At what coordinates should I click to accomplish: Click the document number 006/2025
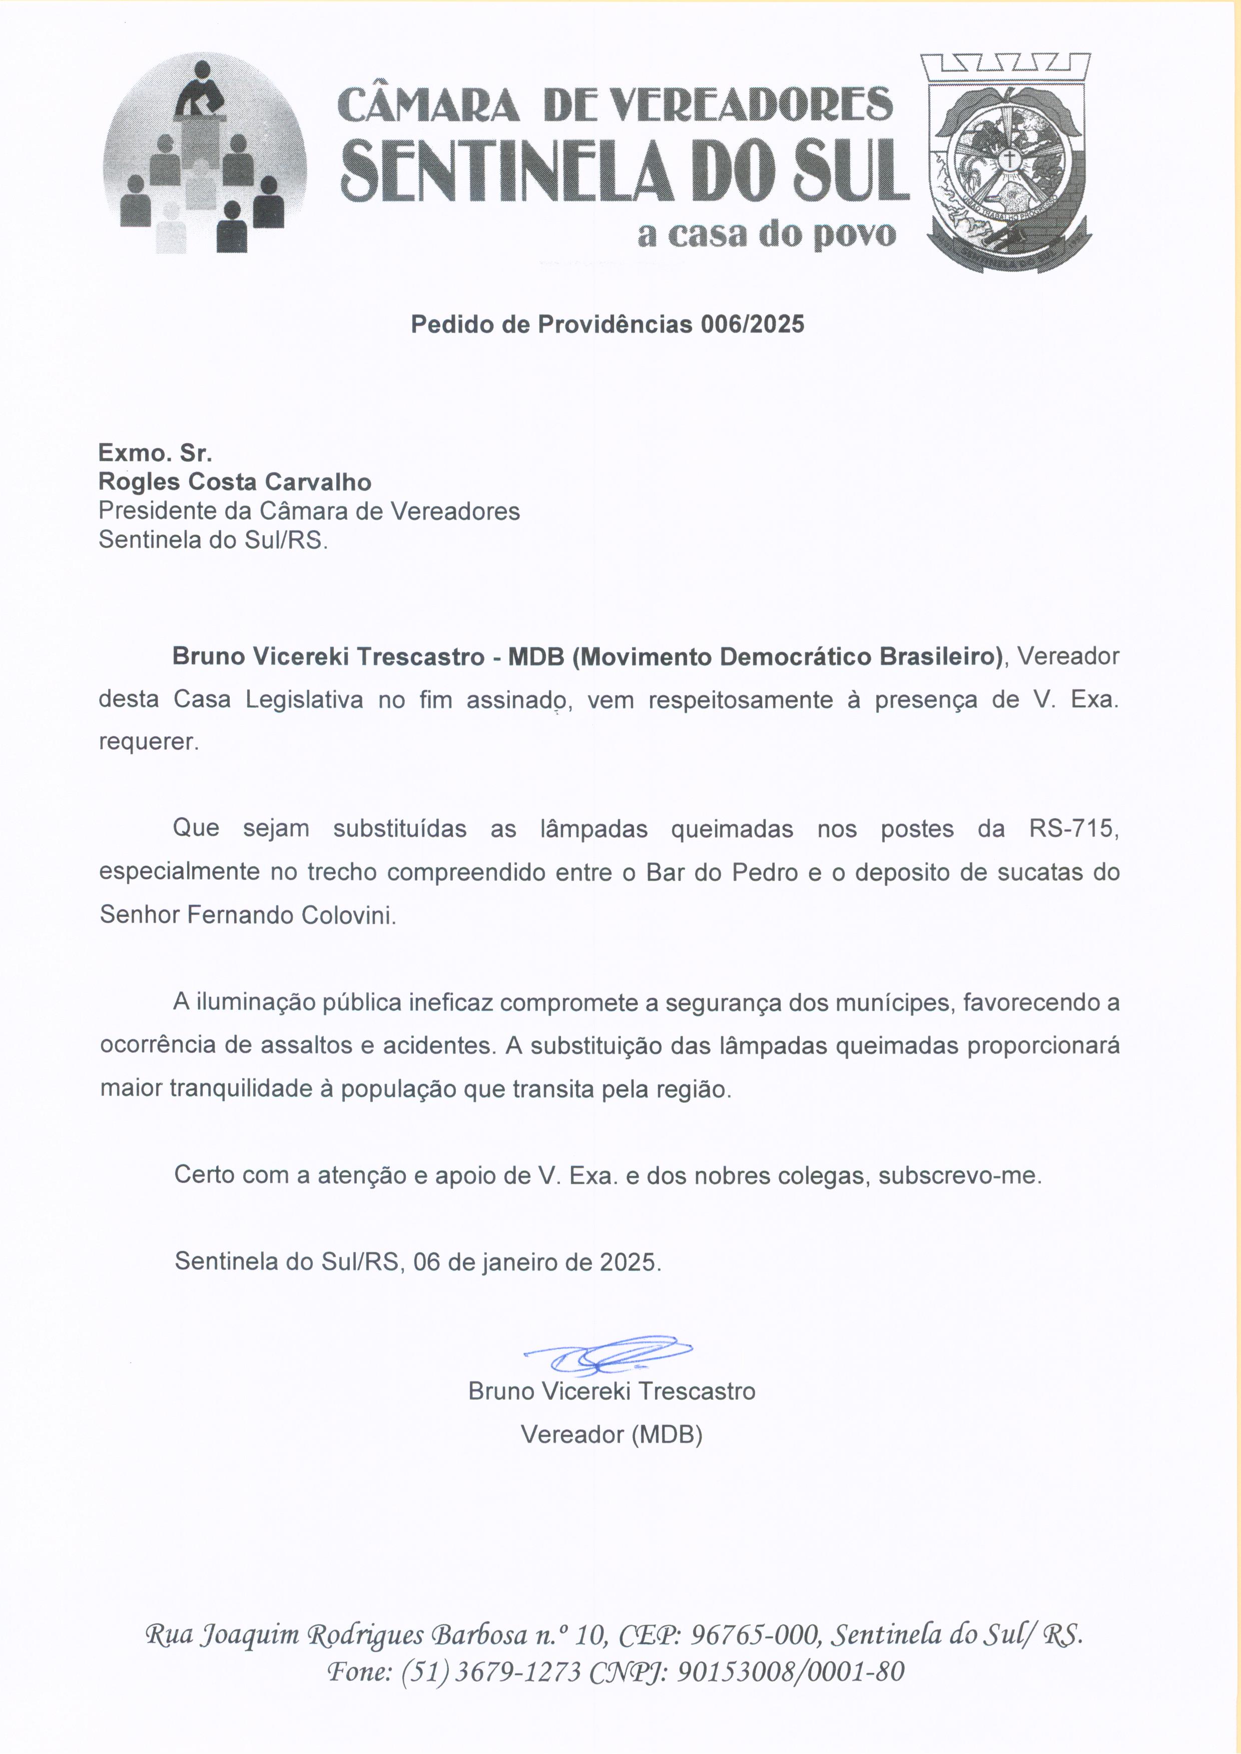(x=752, y=325)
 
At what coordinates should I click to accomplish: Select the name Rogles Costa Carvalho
(x=235, y=482)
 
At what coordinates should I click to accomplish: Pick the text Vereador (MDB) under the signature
(x=611, y=1435)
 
